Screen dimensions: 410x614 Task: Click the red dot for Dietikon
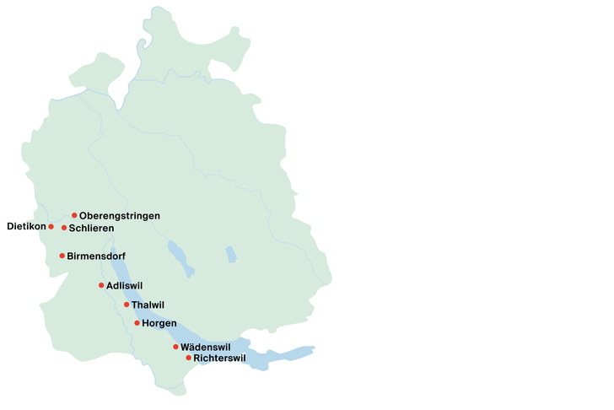pos(51,227)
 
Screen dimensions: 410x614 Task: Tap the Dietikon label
pos(25,227)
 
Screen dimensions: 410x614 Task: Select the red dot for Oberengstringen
pos(74,215)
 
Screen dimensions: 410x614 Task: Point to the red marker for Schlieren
pos(64,228)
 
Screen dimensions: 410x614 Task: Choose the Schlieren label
pos(91,229)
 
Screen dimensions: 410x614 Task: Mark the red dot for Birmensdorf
pos(62,256)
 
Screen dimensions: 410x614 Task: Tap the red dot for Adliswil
pos(101,285)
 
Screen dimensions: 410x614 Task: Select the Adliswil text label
pos(125,286)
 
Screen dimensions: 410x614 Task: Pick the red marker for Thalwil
pos(127,305)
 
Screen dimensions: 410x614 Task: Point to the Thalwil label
pos(148,305)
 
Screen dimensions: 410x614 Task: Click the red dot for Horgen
pos(137,323)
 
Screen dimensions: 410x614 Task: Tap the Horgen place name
pos(159,324)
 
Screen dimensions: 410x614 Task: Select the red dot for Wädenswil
pos(175,347)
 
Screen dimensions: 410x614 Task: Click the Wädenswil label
pos(206,347)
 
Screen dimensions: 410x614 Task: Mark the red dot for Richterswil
pos(188,358)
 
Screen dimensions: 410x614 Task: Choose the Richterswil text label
pos(219,359)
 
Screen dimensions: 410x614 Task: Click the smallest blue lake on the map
pos(231,254)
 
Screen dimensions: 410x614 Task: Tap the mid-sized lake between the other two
pos(180,257)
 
